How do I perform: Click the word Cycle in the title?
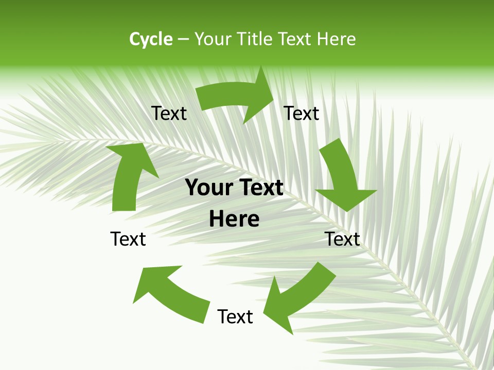coord(151,39)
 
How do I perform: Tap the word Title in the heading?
coord(256,39)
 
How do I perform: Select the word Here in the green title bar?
coord(336,39)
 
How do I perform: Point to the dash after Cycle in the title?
coord(183,40)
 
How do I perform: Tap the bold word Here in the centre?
coord(234,219)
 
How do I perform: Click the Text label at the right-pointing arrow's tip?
coord(302,113)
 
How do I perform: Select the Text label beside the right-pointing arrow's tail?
coord(169,113)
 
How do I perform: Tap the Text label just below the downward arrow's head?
coord(342,239)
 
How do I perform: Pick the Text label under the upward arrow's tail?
coord(128,239)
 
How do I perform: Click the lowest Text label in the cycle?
coord(235,317)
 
